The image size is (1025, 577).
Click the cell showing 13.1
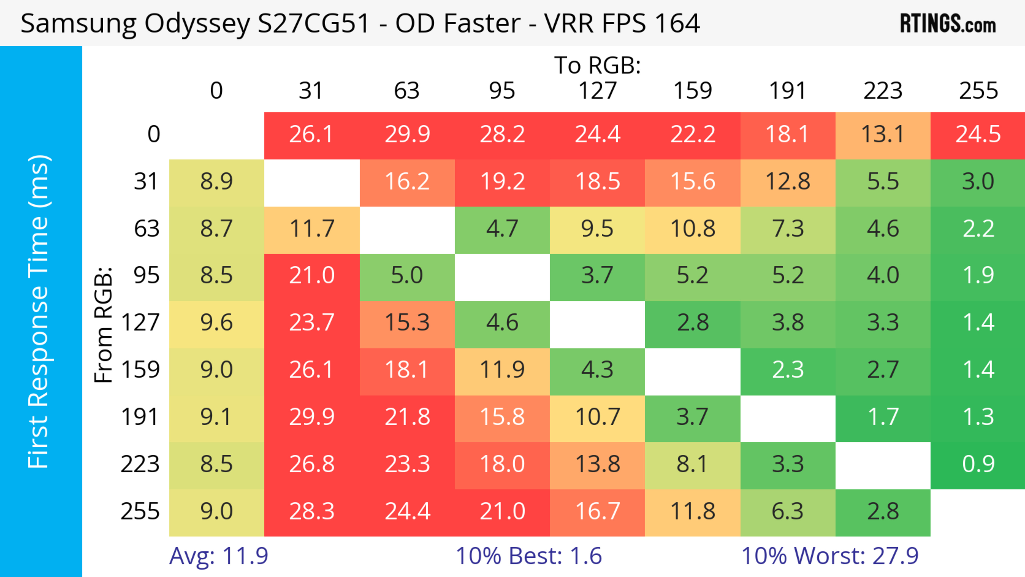pyautogui.click(x=882, y=135)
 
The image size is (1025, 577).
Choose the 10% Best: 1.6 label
pyautogui.click(x=529, y=556)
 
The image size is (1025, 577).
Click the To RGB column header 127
pyautogui.click(x=597, y=91)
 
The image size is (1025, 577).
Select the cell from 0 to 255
pyautogui.click(x=978, y=135)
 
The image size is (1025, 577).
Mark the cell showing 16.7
pyautogui.click(x=597, y=511)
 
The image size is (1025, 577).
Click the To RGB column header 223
pyautogui.click(x=882, y=91)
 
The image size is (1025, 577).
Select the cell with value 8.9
pyautogui.click(x=216, y=182)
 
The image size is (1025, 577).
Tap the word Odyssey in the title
pyautogui.click(x=197, y=24)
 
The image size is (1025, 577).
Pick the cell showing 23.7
pyautogui.click(x=312, y=322)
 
